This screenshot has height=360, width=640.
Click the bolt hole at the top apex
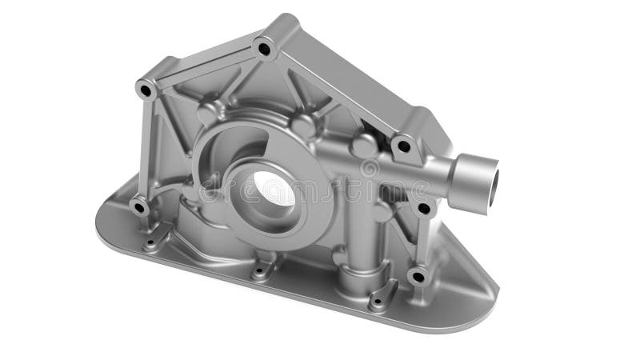click(265, 49)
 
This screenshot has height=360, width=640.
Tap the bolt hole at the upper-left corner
click(146, 90)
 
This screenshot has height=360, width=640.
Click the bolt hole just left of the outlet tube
click(404, 146)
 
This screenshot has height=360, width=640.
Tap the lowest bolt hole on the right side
click(417, 278)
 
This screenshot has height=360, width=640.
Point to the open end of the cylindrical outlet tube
click(484, 177)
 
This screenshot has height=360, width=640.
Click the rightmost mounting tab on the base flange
click(381, 298)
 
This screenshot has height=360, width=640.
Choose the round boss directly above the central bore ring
click(302, 126)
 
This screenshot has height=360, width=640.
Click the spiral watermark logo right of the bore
click(370, 169)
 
